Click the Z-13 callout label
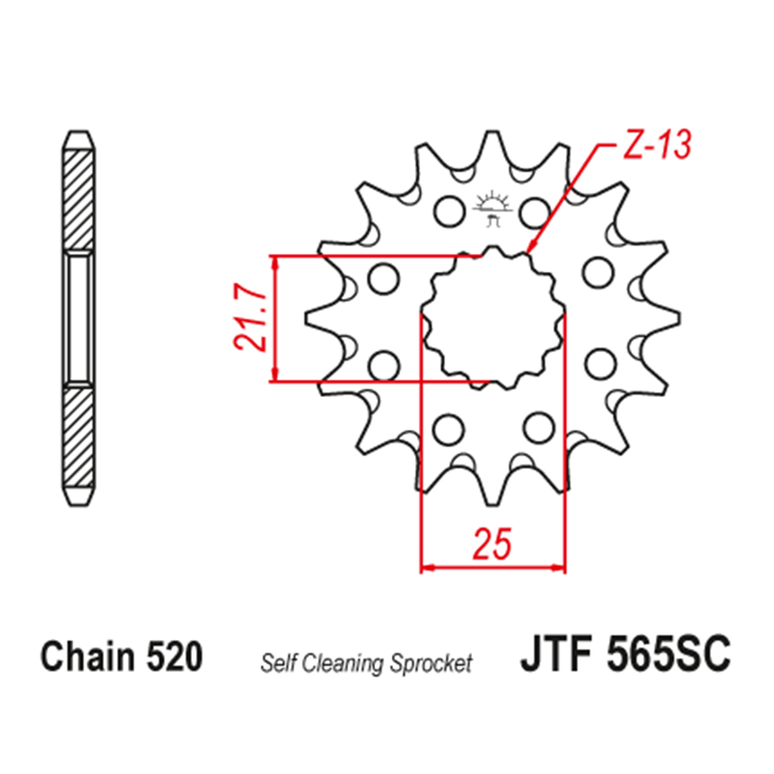click(657, 145)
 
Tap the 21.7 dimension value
click(250, 320)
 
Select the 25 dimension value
click(491, 544)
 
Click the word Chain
click(87, 656)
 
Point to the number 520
click(174, 656)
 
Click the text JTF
click(555, 653)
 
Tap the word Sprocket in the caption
click(430, 664)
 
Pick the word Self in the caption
click(279, 663)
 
